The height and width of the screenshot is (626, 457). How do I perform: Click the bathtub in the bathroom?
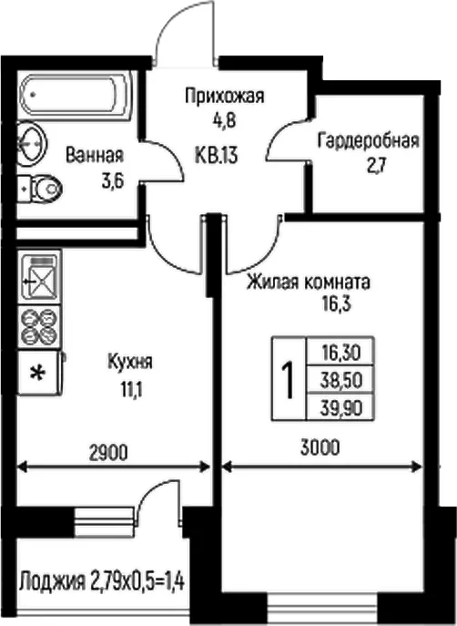pyautogui.click(x=74, y=94)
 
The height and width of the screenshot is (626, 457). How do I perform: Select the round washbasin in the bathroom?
pyautogui.click(x=32, y=141)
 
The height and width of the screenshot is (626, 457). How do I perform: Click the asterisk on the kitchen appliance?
pyautogui.click(x=38, y=374)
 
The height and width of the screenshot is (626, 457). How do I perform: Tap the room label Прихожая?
pyautogui.click(x=225, y=97)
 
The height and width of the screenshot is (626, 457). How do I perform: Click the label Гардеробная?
pyautogui.click(x=369, y=141)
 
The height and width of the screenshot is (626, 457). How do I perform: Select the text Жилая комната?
pyautogui.click(x=309, y=282)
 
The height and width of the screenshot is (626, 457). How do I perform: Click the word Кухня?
pyautogui.click(x=130, y=362)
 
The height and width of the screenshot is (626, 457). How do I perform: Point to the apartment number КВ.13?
pyautogui.click(x=217, y=155)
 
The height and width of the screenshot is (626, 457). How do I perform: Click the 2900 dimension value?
pyautogui.click(x=108, y=453)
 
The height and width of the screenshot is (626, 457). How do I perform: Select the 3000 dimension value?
pyautogui.click(x=320, y=447)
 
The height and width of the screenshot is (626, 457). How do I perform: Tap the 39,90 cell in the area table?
pyautogui.click(x=341, y=408)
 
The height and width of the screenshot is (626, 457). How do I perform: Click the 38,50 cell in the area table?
pyautogui.click(x=341, y=380)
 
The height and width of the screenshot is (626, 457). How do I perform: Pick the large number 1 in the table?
pyautogui.click(x=288, y=378)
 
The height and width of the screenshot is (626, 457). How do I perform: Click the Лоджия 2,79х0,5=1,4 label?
pyautogui.click(x=101, y=580)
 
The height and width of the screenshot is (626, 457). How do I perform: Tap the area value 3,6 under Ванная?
pyautogui.click(x=113, y=180)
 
